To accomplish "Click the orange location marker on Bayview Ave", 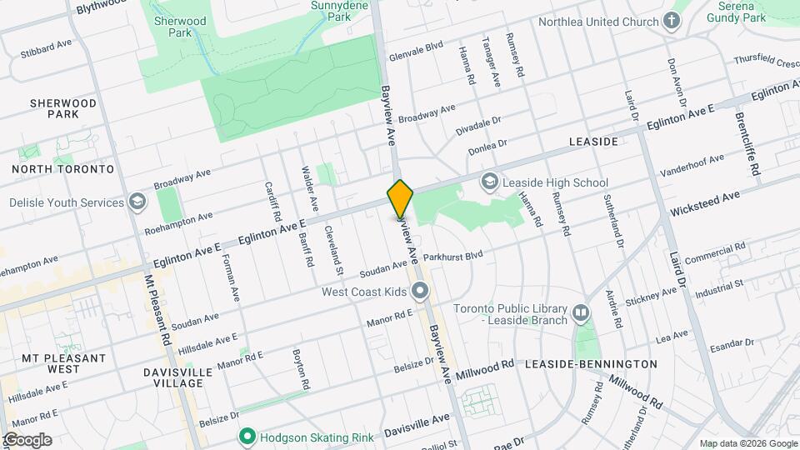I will click(401, 198).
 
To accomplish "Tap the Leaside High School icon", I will click(490, 182).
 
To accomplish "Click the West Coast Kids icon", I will click(420, 292).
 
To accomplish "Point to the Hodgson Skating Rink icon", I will click(247, 436).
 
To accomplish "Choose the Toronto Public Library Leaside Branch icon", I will click(581, 314).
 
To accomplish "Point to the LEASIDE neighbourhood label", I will click(593, 142).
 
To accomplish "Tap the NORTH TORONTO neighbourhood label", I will click(62, 169).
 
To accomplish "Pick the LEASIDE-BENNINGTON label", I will click(603, 364).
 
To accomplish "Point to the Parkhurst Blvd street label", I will click(453, 255).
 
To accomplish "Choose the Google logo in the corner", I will click(27, 439).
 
